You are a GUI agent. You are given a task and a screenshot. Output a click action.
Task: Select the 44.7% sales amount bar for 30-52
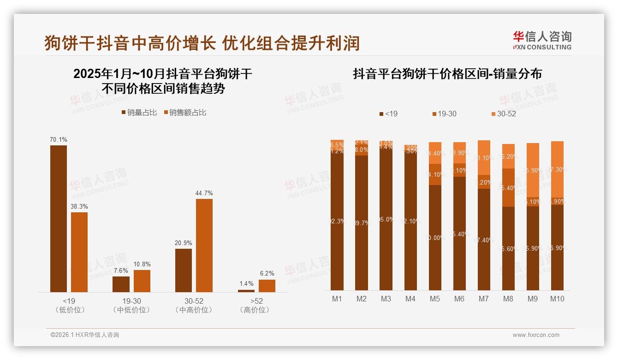point(204,245)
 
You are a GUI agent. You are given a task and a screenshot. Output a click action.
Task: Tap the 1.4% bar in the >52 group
point(246,291)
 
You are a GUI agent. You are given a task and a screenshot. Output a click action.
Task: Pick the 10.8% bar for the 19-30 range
point(142,281)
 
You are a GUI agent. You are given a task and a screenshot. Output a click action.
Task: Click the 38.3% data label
point(79,207)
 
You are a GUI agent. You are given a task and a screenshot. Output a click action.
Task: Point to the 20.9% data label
point(184,243)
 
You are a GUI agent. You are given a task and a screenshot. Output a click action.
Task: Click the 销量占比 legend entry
point(139,113)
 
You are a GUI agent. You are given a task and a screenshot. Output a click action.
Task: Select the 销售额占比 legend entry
point(185,113)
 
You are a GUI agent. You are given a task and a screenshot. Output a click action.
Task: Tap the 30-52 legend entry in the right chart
point(503,114)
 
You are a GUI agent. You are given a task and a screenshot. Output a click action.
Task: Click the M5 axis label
point(435,299)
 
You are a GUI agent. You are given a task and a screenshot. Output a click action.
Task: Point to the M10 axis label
point(557,299)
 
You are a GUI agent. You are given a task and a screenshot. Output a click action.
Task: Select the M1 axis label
point(337,299)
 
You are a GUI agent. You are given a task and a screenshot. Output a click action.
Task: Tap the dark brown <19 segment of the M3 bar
point(386,219)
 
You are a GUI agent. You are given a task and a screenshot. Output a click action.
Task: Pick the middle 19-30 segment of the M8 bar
point(508,187)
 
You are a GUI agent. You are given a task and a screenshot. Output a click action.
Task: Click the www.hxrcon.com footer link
point(536,335)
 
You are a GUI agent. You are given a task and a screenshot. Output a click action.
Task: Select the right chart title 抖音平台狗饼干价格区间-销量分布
point(447,74)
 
